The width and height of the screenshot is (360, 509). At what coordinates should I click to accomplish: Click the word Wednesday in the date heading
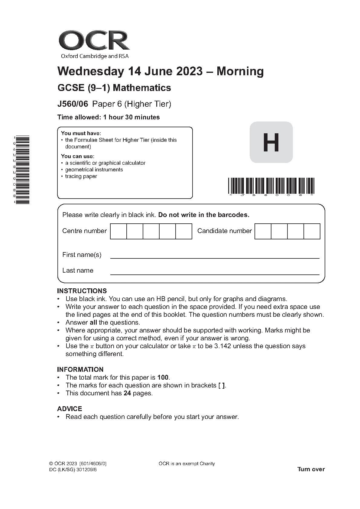(91, 71)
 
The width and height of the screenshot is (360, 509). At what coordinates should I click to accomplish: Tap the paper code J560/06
(73, 104)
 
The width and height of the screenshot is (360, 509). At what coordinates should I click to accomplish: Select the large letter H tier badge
(271, 142)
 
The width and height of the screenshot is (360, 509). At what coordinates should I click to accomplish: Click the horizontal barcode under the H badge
(271, 186)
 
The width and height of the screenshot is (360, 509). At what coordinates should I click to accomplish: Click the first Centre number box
(118, 231)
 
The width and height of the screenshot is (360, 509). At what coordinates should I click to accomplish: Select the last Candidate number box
(312, 231)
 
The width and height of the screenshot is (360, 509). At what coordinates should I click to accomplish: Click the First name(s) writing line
(215, 258)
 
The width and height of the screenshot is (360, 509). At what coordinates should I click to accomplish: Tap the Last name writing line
(215, 274)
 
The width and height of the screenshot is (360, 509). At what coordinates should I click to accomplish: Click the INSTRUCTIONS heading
(82, 291)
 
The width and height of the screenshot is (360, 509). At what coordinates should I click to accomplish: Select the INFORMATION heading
(80, 369)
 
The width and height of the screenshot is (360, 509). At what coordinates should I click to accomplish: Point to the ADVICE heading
(70, 409)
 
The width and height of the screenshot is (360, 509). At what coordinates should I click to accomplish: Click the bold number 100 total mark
(163, 378)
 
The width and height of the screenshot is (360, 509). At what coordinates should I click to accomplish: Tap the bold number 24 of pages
(127, 393)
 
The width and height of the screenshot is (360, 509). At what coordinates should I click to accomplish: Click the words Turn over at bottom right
(311, 469)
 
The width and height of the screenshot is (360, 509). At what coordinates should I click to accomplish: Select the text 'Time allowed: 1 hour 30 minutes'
(109, 117)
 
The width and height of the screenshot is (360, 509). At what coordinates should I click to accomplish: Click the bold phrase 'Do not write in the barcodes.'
(204, 215)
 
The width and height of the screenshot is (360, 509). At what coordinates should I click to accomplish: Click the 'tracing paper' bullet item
(81, 176)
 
